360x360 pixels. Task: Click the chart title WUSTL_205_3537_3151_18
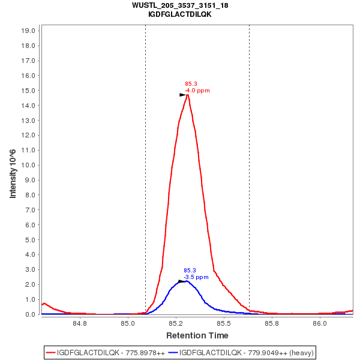pos(180,5)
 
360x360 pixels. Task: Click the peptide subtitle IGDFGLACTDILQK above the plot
pos(180,14)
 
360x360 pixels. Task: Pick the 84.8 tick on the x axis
pos(80,324)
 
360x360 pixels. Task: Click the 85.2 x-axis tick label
pos(176,324)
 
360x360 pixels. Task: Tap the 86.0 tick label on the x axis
pos(320,324)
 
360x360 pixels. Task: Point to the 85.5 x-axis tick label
pos(224,324)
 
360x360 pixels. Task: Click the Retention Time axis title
pos(197,335)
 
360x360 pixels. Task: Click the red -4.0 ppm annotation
pos(197,91)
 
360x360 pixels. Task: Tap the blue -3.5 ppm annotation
pos(196,277)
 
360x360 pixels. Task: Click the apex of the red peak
pos(188,94)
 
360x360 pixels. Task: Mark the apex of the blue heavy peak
pos(186,281)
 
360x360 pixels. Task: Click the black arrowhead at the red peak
pos(182,95)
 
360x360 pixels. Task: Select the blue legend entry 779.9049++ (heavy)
pos(241,352)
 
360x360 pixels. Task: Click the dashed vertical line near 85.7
pos(249,168)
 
